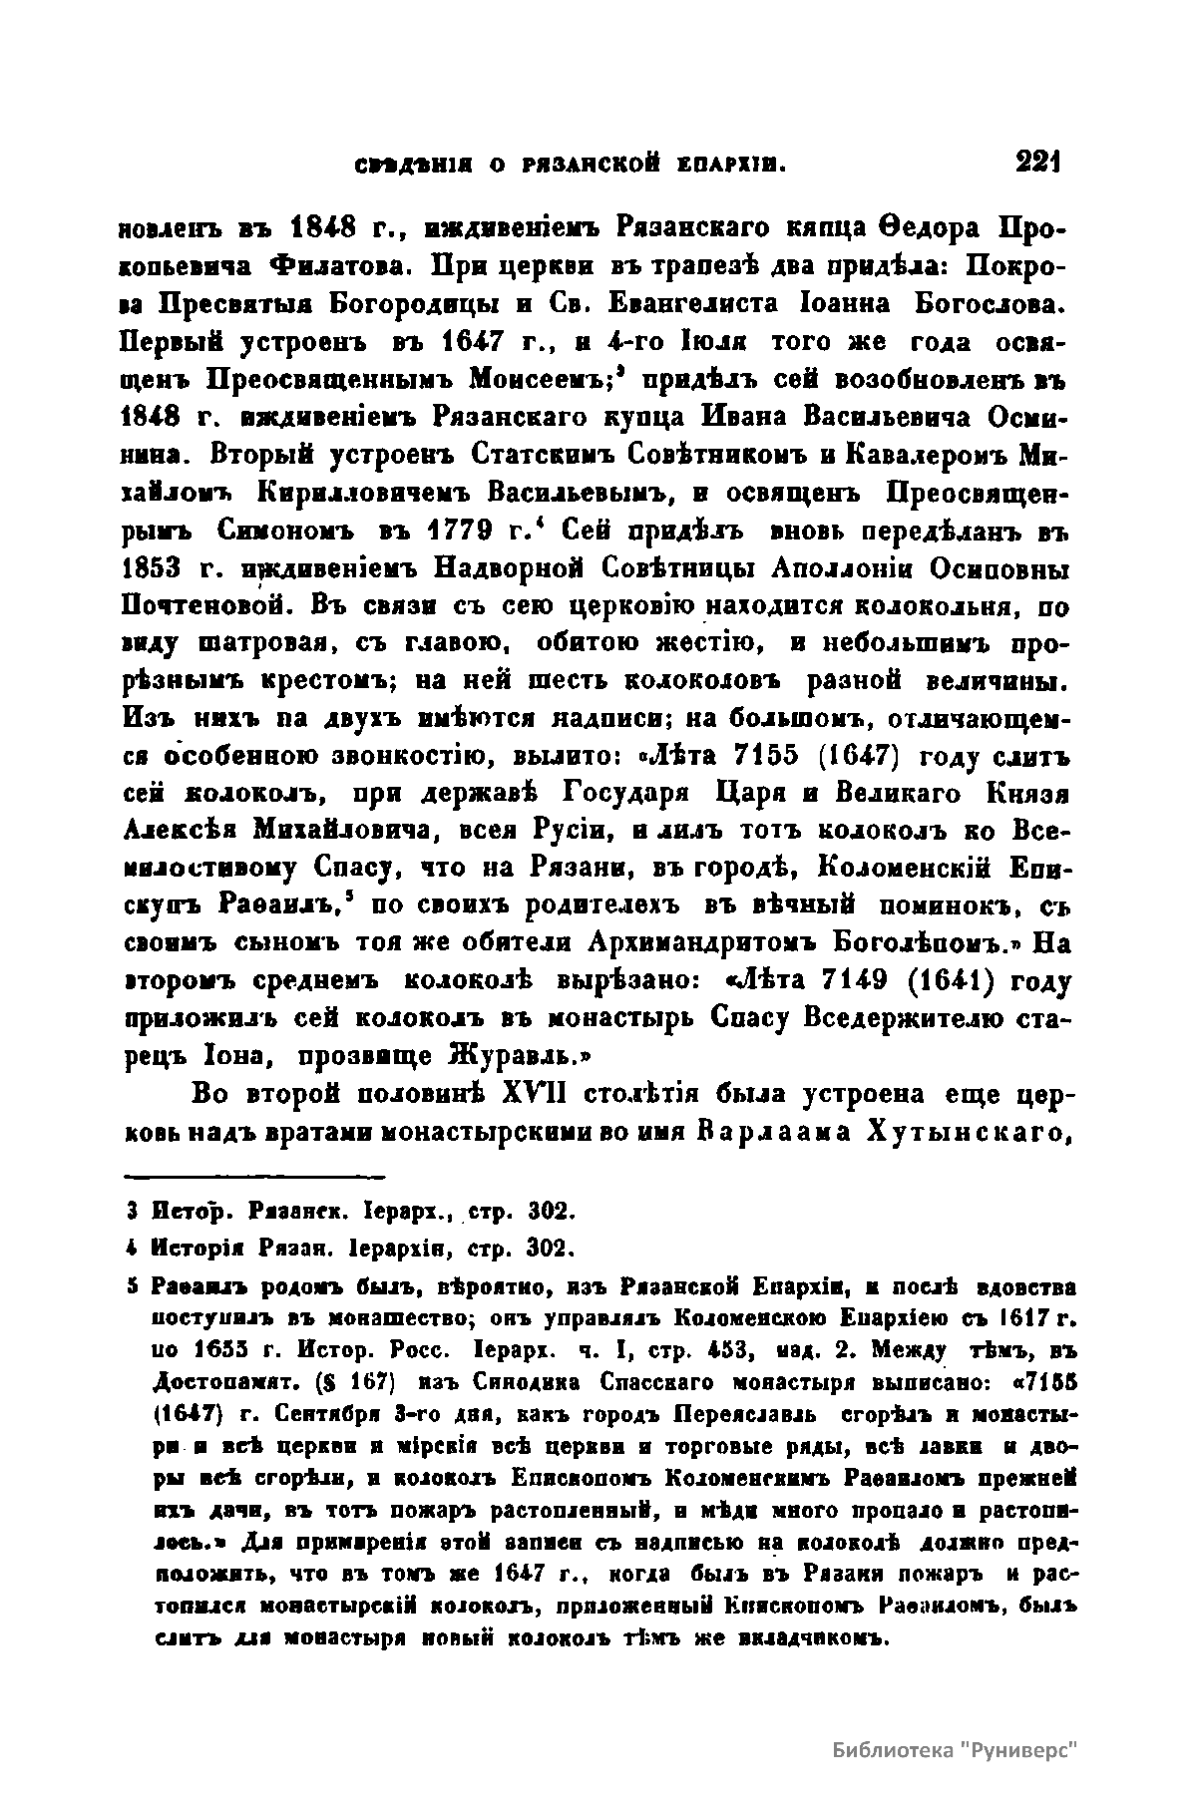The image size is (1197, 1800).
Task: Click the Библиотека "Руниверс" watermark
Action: (x=956, y=1751)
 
